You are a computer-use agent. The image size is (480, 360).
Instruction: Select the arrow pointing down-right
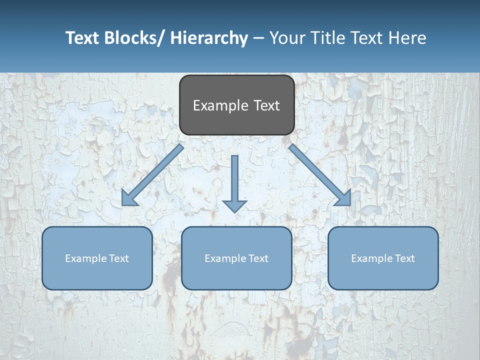coord(320,175)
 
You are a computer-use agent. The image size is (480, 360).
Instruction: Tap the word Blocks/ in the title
coord(131,38)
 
